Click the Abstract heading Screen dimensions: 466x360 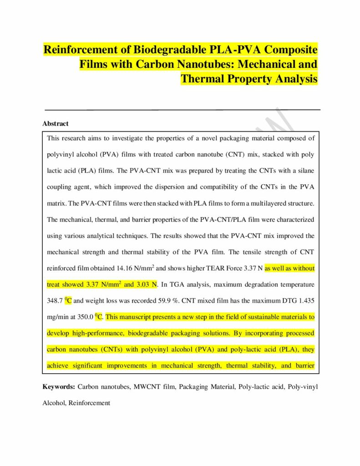click(56, 123)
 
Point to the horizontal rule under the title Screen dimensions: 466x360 click(182, 110)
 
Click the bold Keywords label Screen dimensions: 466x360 click(59, 387)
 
